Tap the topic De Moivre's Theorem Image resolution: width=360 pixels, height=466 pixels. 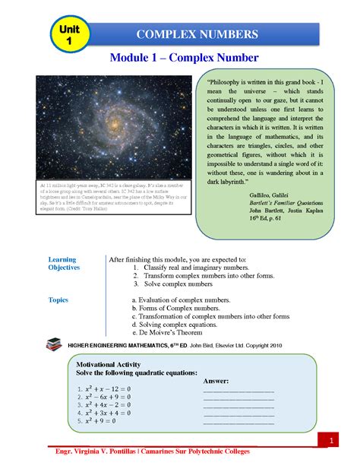click(174, 333)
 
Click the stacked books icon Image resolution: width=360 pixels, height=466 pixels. click(55, 344)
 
